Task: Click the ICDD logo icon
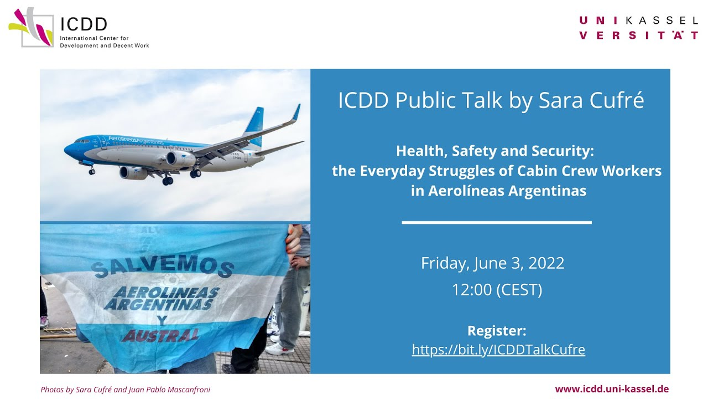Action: point(31,27)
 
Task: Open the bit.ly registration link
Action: point(498,349)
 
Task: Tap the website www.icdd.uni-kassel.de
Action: point(612,389)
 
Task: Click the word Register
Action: point(497,331)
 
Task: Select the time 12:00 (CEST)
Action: point(497,289)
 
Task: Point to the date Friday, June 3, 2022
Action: point(492,263)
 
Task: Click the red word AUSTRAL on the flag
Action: point(160,336)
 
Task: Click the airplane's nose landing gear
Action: point(92,170)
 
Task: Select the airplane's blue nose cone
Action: point(70,150)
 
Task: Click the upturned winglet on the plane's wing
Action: point(296,112)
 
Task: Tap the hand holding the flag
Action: point(294,239)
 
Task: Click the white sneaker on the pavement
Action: point(277,349)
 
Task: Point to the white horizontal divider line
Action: point(497,223)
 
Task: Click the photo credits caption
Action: point(126,390)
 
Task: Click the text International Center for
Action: point(94,38)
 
